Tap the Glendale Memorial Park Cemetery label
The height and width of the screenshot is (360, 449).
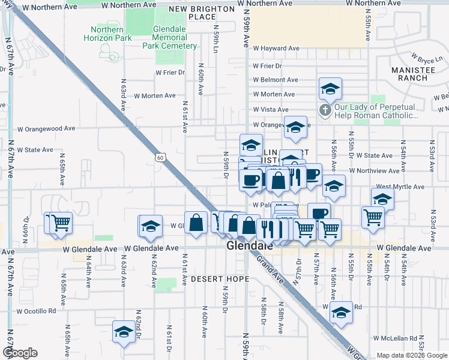(x=169, y=38)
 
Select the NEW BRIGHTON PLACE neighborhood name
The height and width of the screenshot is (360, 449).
(x=201, y=13)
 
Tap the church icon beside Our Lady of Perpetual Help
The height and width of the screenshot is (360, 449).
(x=325, y=110)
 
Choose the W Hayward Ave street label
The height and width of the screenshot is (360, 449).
(x=276, y=49)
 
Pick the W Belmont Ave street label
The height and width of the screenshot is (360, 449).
(x=276, y=80)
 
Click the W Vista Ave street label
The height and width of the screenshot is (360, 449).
(x=271, y=110)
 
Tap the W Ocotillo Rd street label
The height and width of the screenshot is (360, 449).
(x=37, y=311)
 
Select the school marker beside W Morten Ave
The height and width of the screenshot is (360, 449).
(x=330, y=89)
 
